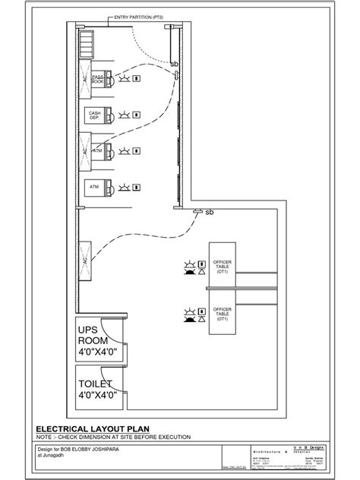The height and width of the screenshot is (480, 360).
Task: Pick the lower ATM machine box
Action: click(96, 185)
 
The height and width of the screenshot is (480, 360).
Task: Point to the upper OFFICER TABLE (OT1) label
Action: click(224, 267)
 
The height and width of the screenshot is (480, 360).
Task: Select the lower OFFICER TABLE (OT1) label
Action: click(224, 314)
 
